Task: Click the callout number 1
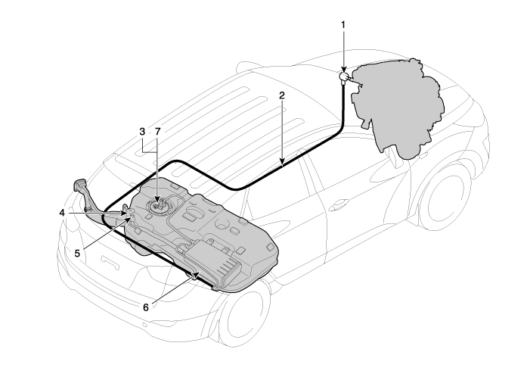[x=343, y=25]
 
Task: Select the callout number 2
[x=282, y=95]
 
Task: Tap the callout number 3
[x=142, y=131]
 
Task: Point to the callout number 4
[x=62, y=213]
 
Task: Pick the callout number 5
[x=77, y=253]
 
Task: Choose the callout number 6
[x=146, y=307]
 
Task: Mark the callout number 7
[x=157, y=131]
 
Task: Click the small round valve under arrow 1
[x=344, y=76]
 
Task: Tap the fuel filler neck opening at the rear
[x=79, y=185]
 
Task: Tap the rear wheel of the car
[x=244, y=316]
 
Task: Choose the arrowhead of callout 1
[x=343, y=69]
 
